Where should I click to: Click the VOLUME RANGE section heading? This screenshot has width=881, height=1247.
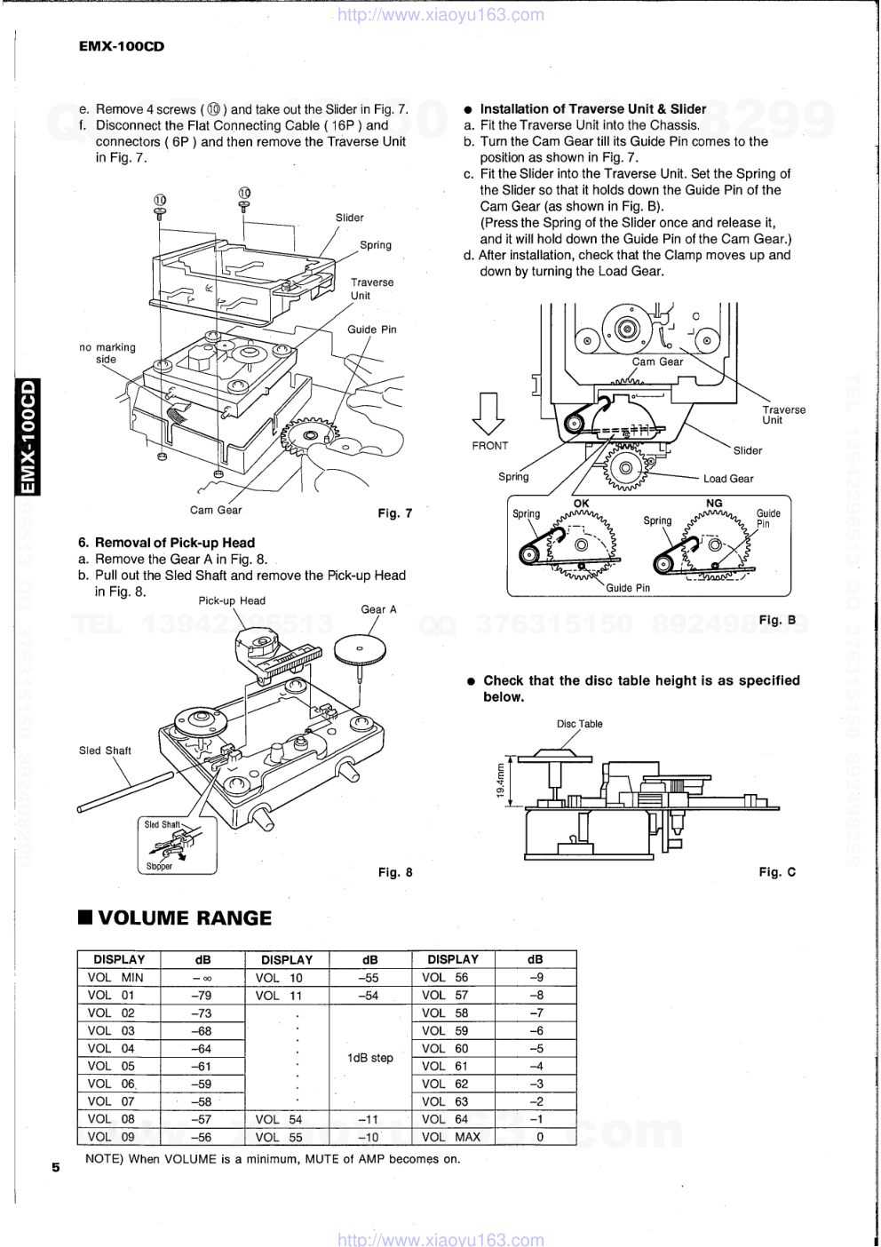click(175, 917)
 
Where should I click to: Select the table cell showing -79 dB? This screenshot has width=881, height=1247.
click(202, 995)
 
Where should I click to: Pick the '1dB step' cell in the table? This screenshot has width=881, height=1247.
click(370, 1057)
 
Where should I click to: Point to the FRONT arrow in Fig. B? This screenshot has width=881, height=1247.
click(488, 414)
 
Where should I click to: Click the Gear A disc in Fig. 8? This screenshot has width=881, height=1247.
click(360, 648)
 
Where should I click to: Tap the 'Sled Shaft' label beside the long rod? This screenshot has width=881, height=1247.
click(105, 751)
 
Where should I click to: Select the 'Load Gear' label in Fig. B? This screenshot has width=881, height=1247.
click(728, 479)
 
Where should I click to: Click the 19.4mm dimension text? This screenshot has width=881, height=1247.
click(501, 781)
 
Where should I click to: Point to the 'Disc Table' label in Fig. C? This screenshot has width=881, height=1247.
click(579, 724)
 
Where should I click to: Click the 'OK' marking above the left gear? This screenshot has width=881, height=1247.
click(581, 504)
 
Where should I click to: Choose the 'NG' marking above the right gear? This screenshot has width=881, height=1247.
click(714, 504)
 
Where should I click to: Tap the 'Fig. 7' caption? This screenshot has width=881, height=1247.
click(395, 513)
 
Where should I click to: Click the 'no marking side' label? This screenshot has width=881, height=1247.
click(107, 353)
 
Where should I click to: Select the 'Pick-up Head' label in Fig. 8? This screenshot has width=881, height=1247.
click(232, 600)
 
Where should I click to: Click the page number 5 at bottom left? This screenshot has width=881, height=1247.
click(55, 1167)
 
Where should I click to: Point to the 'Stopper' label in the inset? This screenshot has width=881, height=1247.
click(159, 866)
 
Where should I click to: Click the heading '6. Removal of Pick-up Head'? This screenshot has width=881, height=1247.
click(166, 543)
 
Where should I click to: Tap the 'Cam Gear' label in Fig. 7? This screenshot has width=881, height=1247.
click(216, 510)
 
